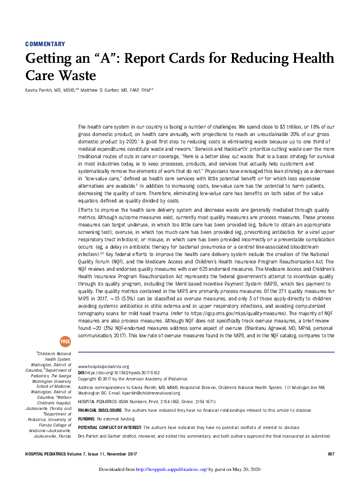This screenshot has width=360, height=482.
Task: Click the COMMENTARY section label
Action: pos(45,44)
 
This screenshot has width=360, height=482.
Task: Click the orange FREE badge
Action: pos(65,340)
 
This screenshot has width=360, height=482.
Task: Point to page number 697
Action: pos(330,454)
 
